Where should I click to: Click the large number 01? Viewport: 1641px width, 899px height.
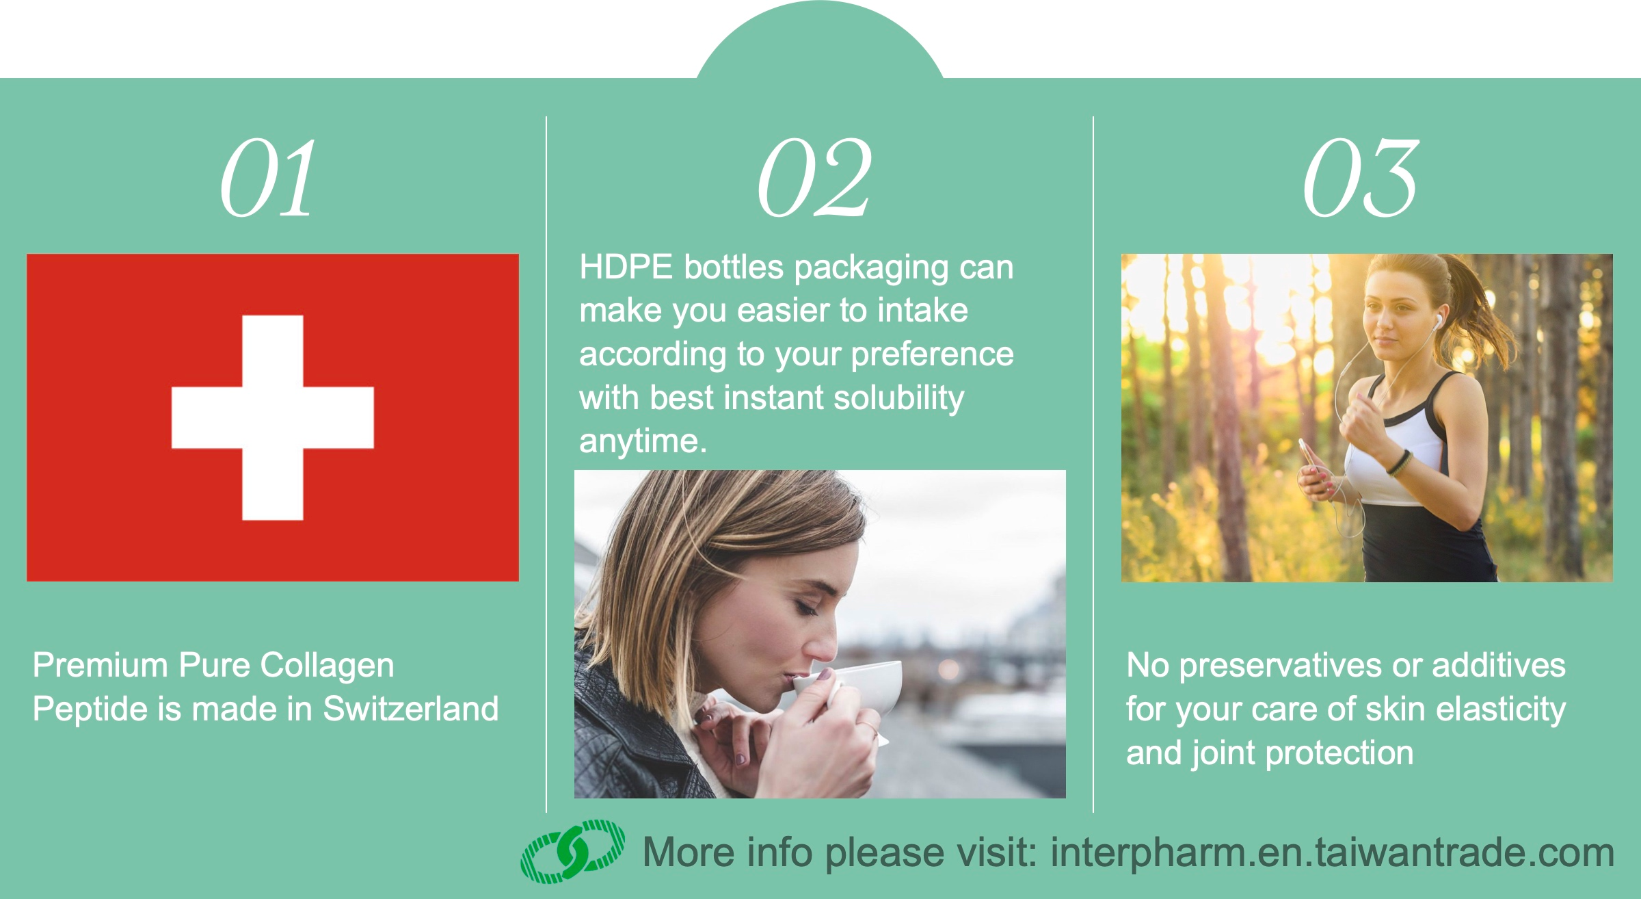pyautogui.click(x=268, y=178)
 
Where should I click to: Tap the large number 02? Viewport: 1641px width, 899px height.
pyautogui.click(x=814, y=178)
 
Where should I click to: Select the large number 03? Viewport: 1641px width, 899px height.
pyautogui.click(x=1361, y=178)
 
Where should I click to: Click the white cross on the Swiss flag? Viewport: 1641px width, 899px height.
pyautogui.click(x=273, y=417)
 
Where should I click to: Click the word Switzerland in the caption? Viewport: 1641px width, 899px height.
pyautogui.click(x=411, y=709)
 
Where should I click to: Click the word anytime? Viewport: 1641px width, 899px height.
pyautogui.click(x=643, y=441)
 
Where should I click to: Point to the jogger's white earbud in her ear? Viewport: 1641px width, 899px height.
pyautogui.click(x=1437, y=320)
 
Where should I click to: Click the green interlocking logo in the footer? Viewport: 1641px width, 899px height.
pyautogui.click(x=573, y=851)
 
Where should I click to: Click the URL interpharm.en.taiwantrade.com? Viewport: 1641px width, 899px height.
pyautogui.click(x=1332, y=853)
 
